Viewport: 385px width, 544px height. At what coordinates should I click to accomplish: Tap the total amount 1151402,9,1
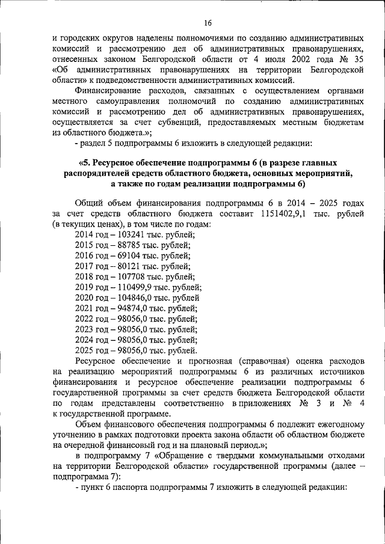point(284,213)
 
